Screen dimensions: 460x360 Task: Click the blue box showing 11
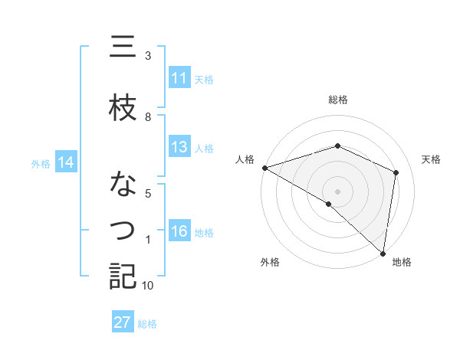coord(179,78)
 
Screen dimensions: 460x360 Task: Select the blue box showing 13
coord(179,147)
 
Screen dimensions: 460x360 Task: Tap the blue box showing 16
coord(179,232)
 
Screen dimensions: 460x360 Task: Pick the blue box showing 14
coord(66,162)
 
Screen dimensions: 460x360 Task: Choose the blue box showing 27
coord(123,322)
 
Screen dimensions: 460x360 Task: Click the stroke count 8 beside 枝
coord(148,116)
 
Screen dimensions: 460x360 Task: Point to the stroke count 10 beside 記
coord(148,286)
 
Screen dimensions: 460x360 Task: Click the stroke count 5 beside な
coord(148,193)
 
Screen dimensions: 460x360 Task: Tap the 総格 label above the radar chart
coord(338,100)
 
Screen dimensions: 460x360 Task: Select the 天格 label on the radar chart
coord(431,159)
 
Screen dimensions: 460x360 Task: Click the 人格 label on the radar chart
coord(245,159)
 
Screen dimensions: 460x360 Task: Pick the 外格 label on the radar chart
coord(270,263)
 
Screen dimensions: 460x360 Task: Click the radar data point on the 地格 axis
coord(383,253)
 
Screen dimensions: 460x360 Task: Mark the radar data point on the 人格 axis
coord(264,167)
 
